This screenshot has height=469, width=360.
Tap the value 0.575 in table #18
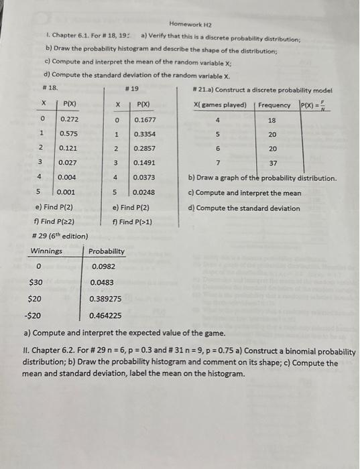pyautogui.click(x=70, y=133)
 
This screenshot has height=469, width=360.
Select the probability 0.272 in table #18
pyautogui.click(x=70, y=119)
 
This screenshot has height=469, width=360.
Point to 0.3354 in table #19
pyautogui.click(x=143, y=133)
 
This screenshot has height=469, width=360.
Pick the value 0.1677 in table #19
pyautogui.click(x=143, y=119)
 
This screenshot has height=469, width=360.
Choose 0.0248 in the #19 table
pyautogui.click(x=143, y=192)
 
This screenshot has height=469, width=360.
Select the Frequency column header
pyautogui.click(x=274, y=105)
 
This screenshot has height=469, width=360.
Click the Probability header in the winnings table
pyautogui.click(x=106, y=251)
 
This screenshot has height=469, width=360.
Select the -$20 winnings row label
pyautogui.click(x=33, y=314)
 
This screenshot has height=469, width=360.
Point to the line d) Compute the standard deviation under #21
pyautogui.click(x=244, y=208)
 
